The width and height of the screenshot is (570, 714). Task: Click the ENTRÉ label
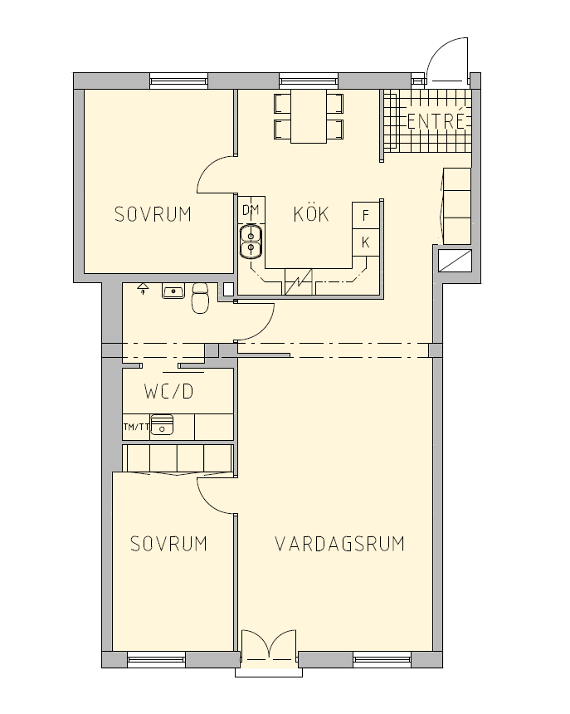pyautogui.click(x=436, y=120)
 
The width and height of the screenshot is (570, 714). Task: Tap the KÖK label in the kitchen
pyautogui.click(x=311, y=213)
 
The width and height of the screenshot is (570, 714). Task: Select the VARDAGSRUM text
pyautogui.click(x=340, y=544)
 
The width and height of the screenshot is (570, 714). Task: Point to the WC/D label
pyautogui.click(x=168, y=392)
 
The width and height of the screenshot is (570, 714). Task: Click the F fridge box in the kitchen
pyautogui.click(x=366, y=215)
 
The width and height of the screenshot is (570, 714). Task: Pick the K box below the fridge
pyautogui.click(x=366, y=242)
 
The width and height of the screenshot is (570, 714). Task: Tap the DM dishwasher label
pyautogui.click(x=251, y=210)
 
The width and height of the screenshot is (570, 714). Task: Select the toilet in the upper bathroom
pyautogui.click(x=200, y=298)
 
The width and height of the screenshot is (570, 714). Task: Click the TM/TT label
pyautogui.click(x=136, y=427)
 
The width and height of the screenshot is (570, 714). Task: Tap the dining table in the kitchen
pyautogui.click(x=309, y=116)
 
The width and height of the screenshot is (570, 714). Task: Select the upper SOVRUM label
pyautogui.click(x=153, y=214)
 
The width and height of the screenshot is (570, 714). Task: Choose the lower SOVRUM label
pyautogui.click(x=168, y=544)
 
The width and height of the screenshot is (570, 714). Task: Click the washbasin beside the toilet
pyautogui.click(x=173, y=291)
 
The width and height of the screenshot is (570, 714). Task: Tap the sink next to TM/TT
pyautogui.click(x=162, y=425)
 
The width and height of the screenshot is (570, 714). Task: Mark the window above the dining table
pyautogui.click(x=309, y=81)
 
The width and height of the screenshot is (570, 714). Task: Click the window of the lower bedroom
pyautogui.click(x=157, y=659)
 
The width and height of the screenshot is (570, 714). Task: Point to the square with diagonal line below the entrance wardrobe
pyautogui.click(x=455, y=261)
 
